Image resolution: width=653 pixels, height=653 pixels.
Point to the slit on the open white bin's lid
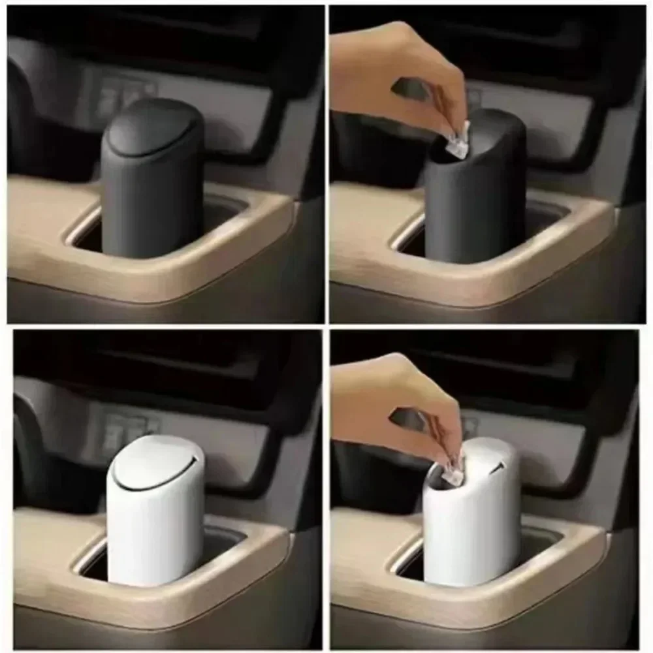pos(499,468)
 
